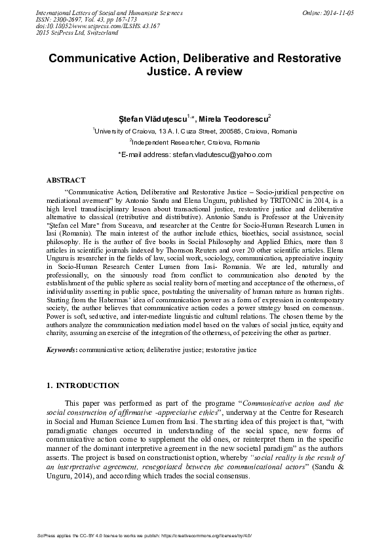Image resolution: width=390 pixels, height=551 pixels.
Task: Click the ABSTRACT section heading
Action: click(x=66, y=179)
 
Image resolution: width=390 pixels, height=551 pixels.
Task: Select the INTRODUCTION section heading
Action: click(x=83, y=385)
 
